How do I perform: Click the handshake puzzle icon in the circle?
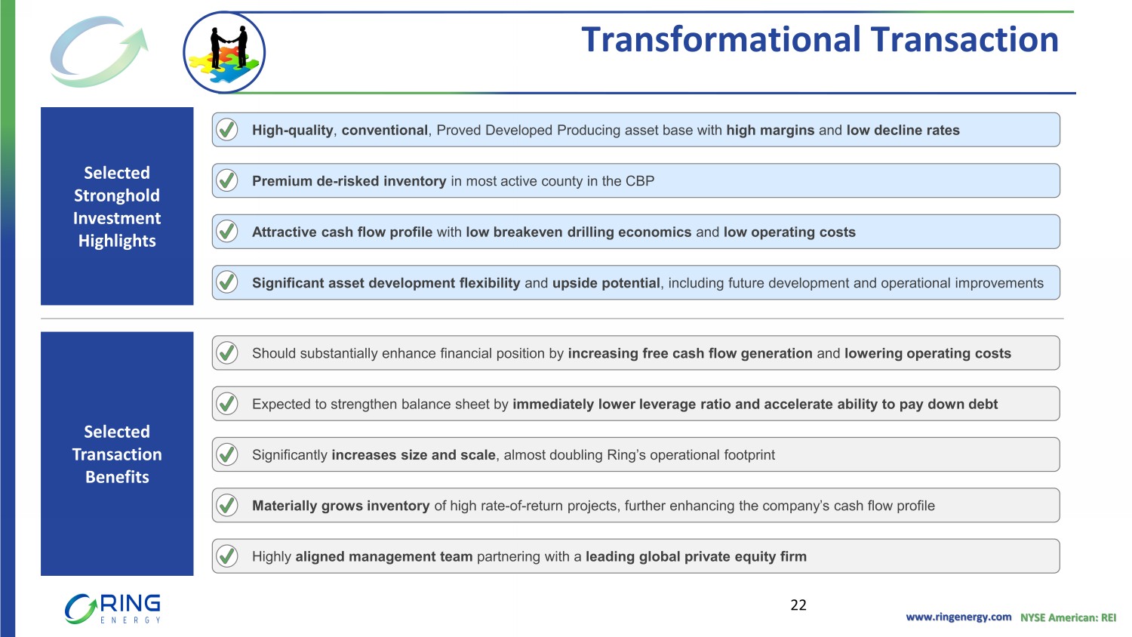point(224,53)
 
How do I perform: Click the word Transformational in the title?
point(721,39)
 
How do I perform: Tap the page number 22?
point(798,605)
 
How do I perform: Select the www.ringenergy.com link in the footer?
point(958,617)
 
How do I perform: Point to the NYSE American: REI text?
point(1069,617)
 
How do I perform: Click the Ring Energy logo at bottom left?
point(112,608)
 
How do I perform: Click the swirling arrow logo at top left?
point(99,51)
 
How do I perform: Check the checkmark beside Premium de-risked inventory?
point(227,180)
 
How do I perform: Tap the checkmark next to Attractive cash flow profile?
point(227,232)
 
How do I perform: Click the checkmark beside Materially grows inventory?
point(227,505)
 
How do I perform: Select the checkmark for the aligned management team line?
point(227,556)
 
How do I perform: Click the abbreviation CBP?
point(640,181)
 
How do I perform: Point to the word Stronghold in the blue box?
point(117,195)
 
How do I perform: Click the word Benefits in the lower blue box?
point(117,477)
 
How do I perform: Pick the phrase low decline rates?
point(903,130)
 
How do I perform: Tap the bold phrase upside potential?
point(606,283)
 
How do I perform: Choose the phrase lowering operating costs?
point(927,353)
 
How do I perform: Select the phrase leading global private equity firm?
point(696,556)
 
